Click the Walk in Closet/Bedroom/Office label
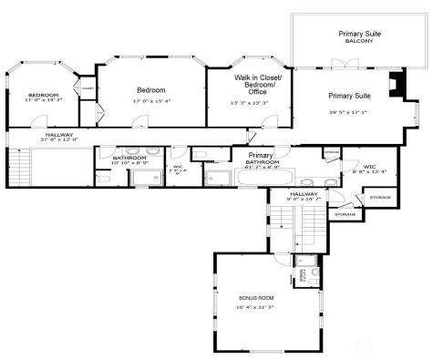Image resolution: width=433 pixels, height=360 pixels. coord(258,85)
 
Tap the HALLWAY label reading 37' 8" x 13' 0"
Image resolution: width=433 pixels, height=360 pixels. coord(61,139)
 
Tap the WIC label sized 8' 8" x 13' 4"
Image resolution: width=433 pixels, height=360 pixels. coord(369,167)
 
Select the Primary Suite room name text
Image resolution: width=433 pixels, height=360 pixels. coord(349,95)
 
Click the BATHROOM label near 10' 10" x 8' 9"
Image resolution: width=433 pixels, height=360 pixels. coord(129,158)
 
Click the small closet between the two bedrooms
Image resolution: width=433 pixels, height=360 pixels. coord(88,89)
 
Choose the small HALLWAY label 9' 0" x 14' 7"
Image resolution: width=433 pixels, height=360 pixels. coord(304,194)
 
